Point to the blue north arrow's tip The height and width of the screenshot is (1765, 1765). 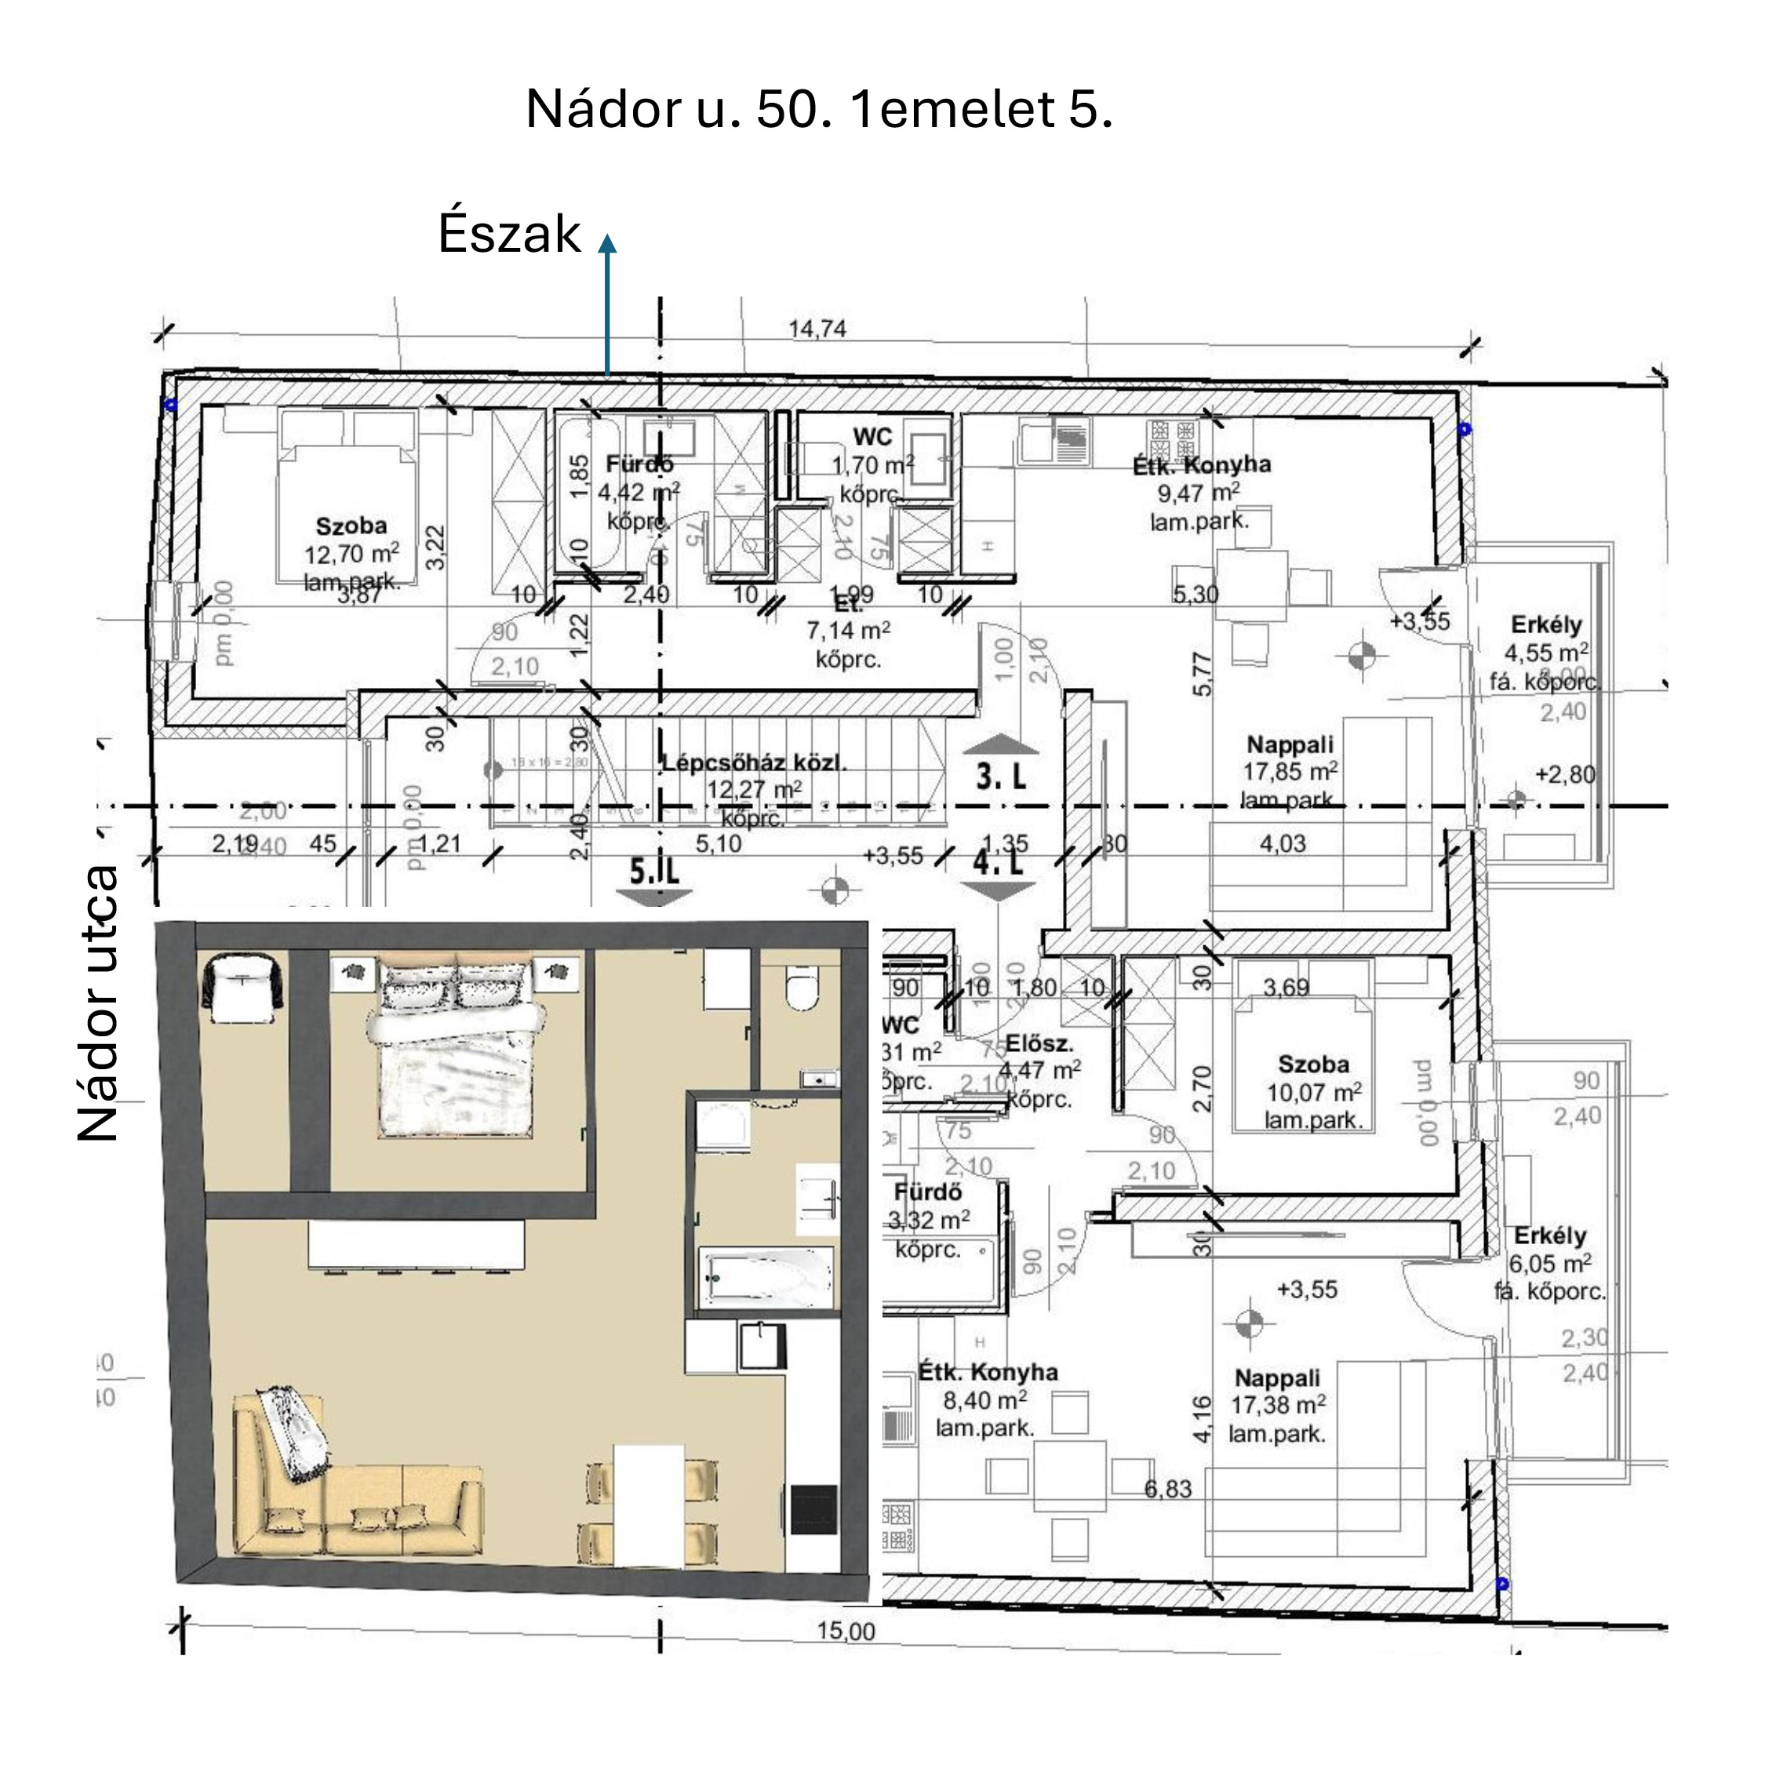coord(607,239)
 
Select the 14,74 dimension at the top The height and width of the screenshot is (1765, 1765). coord(817,329)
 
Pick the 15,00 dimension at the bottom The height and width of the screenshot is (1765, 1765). coord(846,1631)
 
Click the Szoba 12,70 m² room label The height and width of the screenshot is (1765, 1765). coord(351,553)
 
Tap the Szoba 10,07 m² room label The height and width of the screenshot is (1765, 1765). coord(1314,1091)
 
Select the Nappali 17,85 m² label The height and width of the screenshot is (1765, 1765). coord(1290,771)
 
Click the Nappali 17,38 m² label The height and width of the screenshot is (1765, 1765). coord(1277,1405)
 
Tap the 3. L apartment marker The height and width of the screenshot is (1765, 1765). coord(1001,777)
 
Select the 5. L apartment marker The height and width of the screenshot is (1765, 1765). coord(654,872)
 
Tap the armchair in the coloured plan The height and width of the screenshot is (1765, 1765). coord(242,987)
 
